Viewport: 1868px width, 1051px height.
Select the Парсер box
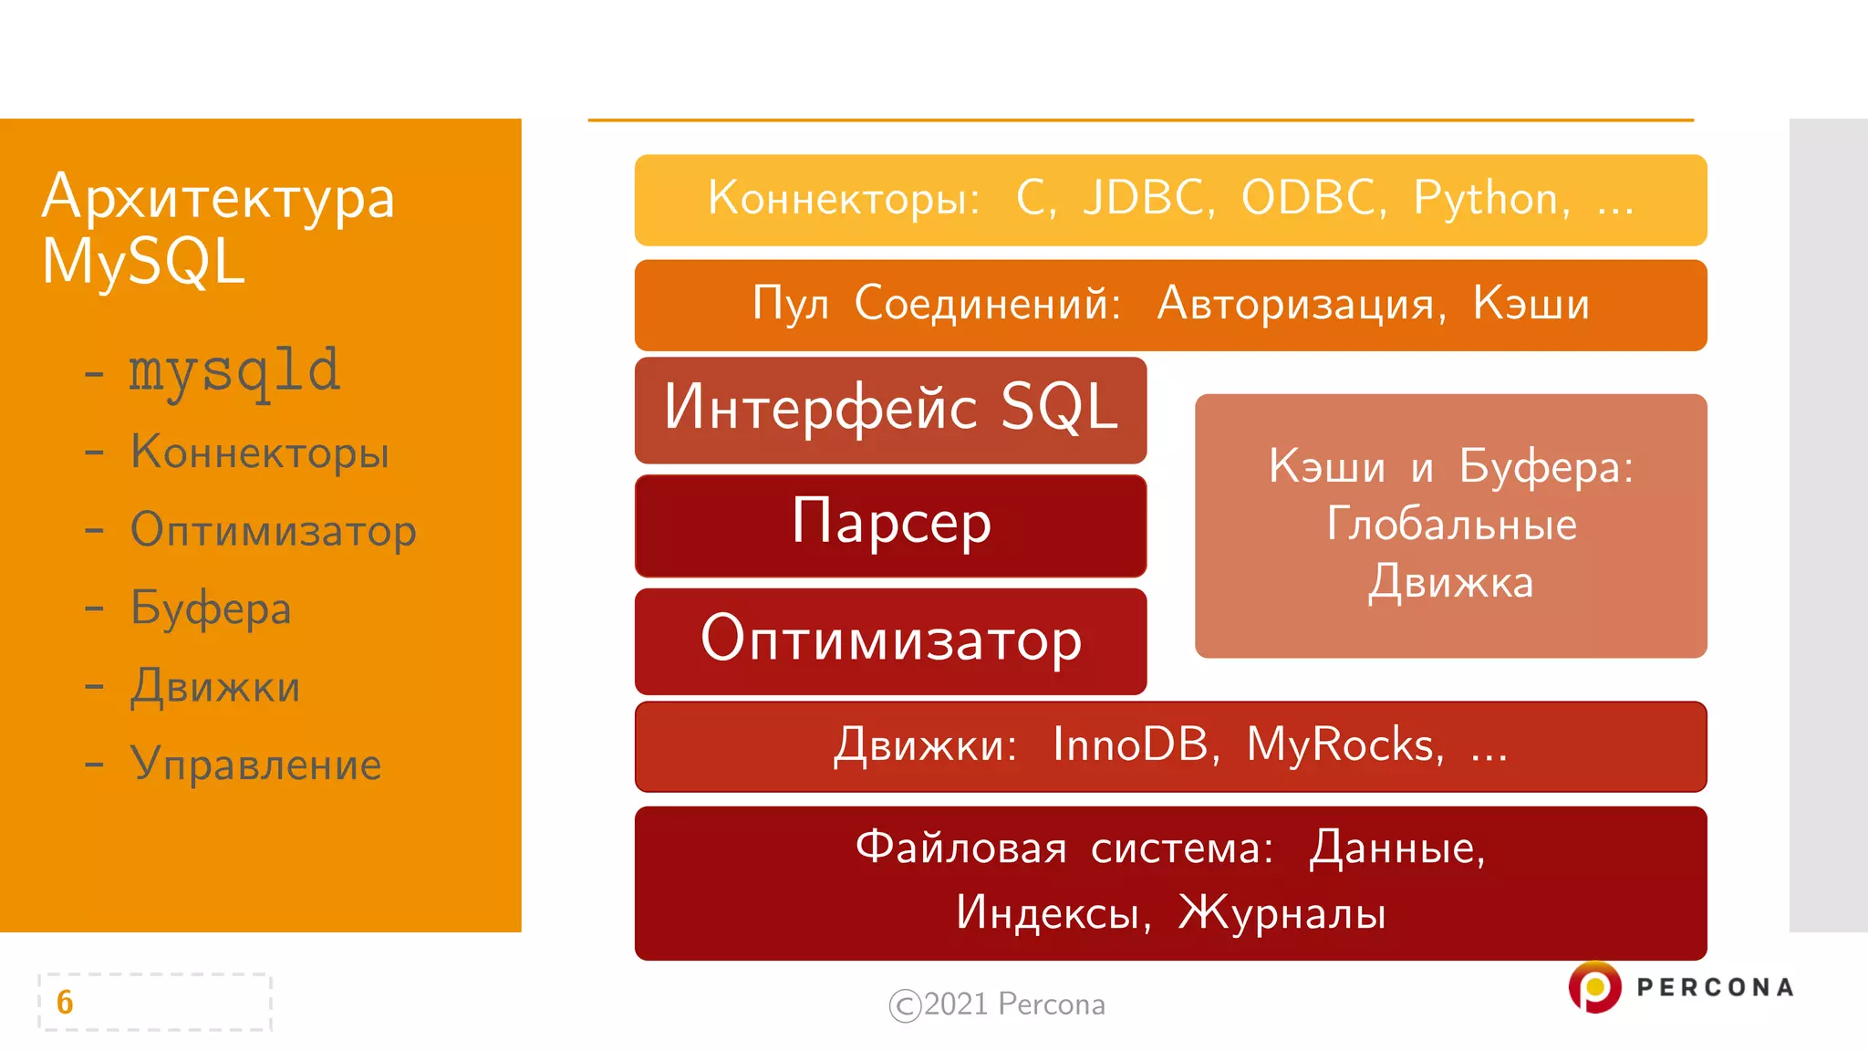(890, 525)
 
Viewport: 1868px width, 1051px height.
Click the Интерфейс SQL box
(890, 409)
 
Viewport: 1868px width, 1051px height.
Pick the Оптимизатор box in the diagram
(890, 640)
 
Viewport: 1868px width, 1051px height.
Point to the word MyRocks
(1343, 744)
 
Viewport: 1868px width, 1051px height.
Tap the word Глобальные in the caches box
(1450, 525)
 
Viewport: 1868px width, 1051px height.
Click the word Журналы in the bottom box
(1282, 912)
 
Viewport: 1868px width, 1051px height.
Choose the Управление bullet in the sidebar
(255, 765)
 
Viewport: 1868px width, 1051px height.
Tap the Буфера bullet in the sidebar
(210, 609)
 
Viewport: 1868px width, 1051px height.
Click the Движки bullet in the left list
(215, 687)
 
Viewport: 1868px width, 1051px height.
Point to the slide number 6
(65, 1002)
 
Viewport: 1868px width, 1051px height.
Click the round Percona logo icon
(1594, 987)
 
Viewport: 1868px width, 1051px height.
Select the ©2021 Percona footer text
(997, 1004)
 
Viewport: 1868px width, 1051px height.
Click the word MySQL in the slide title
(143, 262)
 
